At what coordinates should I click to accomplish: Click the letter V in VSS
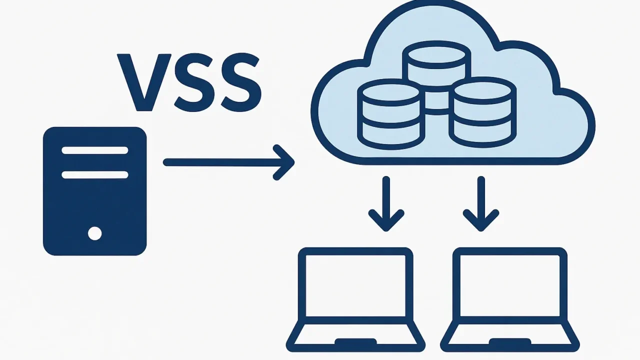(x=144, y=82)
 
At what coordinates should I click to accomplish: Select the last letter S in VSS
(x=241, y=82)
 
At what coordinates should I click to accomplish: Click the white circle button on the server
(x=95, y=233)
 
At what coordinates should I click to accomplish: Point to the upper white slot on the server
(x=95, y=150)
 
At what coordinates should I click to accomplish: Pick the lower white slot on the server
(x=95, y=175)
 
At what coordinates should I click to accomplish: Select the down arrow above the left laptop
(x=386, y=203)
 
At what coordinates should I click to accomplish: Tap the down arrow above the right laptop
(x=481, y=203)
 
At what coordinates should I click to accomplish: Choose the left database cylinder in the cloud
(x=391, y=114)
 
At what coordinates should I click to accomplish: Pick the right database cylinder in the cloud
(x=483, y=112)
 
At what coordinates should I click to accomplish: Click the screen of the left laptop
(x=355, y=285)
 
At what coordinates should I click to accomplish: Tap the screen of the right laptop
(x=510, y=285)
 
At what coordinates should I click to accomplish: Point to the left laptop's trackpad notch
(x=355, y=341)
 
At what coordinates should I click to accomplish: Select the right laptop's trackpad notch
(x=510, y=341)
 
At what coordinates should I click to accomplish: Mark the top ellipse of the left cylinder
(x=391, y=92)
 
